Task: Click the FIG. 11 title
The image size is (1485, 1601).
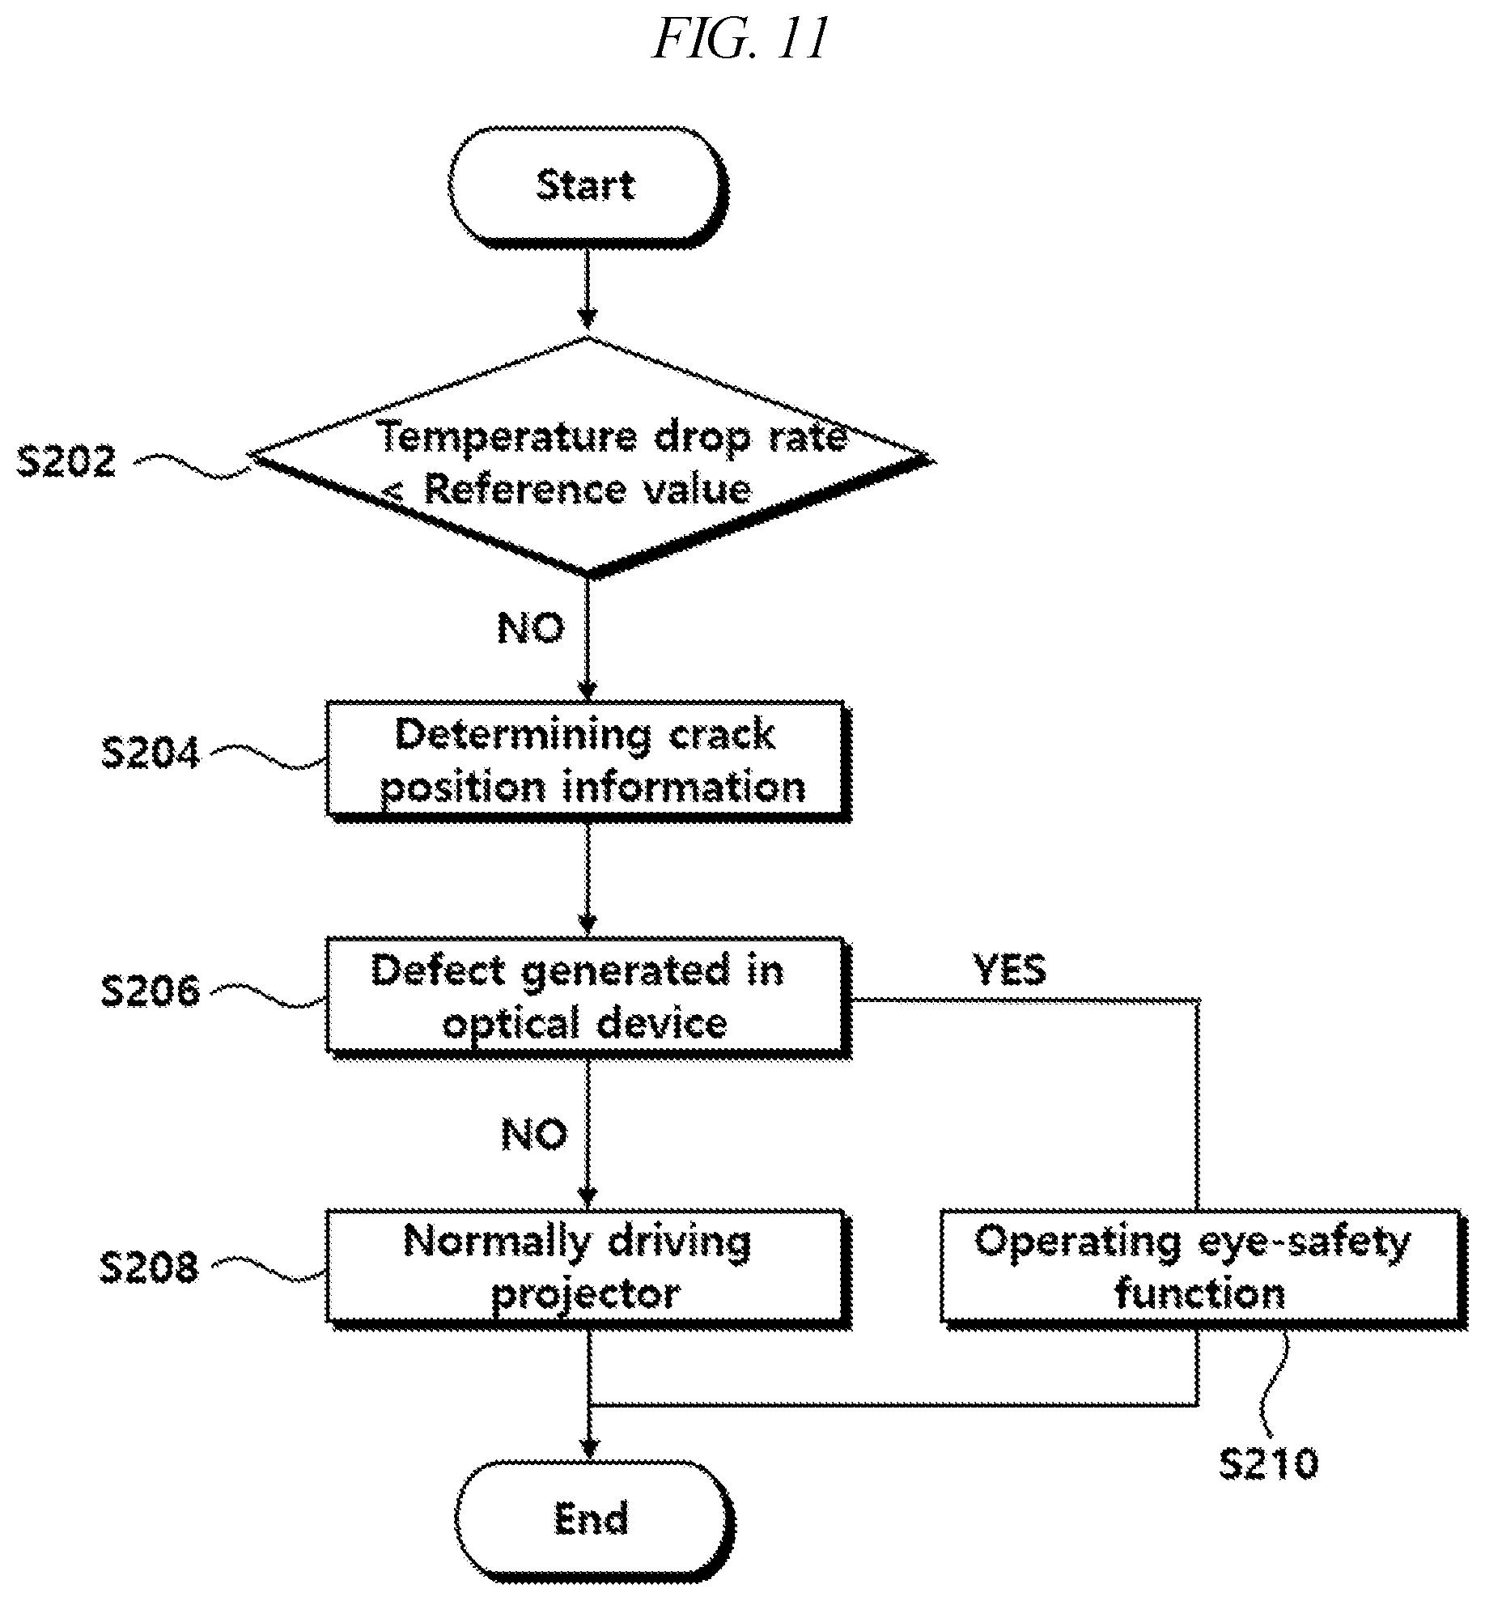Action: tap(740, 39)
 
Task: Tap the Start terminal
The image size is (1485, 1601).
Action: tap(588, 185)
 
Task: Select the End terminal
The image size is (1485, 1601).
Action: tap(593, 1518)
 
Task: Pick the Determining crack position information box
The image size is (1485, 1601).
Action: tap(588, 762)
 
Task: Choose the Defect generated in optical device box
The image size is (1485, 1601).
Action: tap(588, 998)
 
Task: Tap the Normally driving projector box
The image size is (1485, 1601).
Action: tap(588, 1269)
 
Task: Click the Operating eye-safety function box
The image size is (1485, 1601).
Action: tap(1203, 1269)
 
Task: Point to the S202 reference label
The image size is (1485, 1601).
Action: tap(66, 462)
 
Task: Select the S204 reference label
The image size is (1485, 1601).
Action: tap(151, 753)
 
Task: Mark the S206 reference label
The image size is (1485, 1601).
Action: tap(151, 990)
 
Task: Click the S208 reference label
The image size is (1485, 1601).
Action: tap(149, 1268)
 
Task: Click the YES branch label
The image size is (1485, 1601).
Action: tap(1010, 970)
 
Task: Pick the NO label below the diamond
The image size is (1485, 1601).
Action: tap(531, 628)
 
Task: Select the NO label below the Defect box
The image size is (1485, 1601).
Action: tap(535, 1134)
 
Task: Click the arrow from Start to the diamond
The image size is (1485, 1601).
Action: tap(588, 291)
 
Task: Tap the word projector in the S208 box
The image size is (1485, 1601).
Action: tap(586, 1293)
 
